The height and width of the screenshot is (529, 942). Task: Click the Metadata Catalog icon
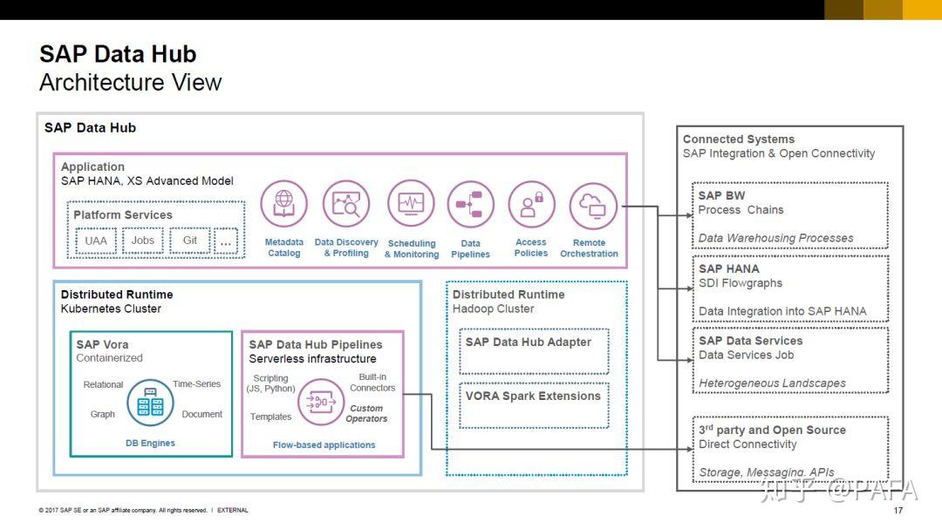pos(283,203)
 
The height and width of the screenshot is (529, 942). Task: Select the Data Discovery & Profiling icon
pos(346,203)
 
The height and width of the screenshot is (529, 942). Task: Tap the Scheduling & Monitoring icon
pos(411,203)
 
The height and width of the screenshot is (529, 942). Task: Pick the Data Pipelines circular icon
pos(470,205)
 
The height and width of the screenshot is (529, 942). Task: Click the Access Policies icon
pos(531,205)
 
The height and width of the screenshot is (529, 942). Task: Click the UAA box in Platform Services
pos(96,241)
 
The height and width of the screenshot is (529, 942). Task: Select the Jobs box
pos(143,241)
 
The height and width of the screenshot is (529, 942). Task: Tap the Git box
pos(190,241)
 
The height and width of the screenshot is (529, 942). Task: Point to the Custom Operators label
pos(366,413)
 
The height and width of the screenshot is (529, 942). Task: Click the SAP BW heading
pos(721,195)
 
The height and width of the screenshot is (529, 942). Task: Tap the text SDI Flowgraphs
pos(741,283)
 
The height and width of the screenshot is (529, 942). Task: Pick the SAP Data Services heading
pos(750,341)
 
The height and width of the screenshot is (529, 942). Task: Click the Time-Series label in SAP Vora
pos(196,384)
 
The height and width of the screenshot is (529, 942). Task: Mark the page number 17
pos(898,511)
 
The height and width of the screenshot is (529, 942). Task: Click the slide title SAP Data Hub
pos(118,54)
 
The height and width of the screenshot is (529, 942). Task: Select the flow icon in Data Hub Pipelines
pos(321,403)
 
